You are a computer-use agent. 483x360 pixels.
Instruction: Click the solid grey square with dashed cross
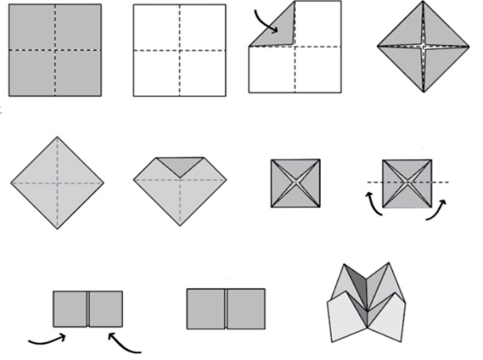pos(55,50)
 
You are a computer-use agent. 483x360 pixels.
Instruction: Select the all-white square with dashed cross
pos(179,50)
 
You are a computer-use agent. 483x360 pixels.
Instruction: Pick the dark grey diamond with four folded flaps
pos(425,48)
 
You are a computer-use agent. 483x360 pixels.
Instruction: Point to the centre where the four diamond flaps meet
pos(425,47)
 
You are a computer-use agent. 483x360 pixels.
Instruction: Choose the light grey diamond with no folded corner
pos(57,183)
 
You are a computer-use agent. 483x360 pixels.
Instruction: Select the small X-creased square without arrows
pos(295,183)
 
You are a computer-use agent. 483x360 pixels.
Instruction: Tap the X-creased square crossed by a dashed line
pos(407,183)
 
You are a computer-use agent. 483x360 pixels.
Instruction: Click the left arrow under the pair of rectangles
pos(48,340)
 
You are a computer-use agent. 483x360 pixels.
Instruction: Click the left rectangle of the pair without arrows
pos(206,309)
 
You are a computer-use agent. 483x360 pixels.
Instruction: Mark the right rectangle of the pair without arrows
pos(246,309)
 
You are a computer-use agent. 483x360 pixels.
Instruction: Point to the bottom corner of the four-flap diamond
pos(425,91)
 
